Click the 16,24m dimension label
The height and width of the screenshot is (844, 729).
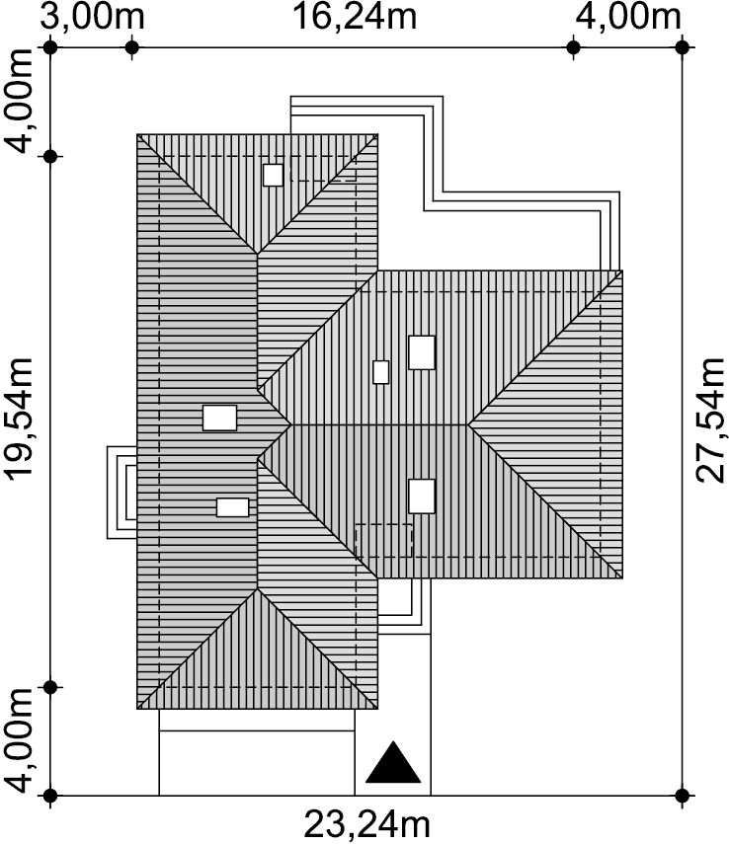coord(355,17)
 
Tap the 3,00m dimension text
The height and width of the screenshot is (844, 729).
coord(92,17)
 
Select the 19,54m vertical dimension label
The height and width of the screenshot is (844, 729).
coord(19,418)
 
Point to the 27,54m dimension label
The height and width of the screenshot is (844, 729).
coord(710,420)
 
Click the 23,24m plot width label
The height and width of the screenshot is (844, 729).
coord(367,823)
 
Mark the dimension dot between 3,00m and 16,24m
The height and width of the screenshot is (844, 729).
coord(132,47)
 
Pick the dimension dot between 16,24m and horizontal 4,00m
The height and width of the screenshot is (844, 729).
coord(573,47)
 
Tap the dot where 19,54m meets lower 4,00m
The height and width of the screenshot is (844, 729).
coord(50,687)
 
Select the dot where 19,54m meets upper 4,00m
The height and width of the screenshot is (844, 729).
coord(50,157)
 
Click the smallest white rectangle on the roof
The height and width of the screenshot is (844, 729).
coord(381,372)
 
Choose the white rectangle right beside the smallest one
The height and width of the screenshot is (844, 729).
coord(422,352)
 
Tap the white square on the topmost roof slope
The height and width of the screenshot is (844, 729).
coord(274,175)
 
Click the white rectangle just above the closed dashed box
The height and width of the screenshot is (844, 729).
coord(422,496)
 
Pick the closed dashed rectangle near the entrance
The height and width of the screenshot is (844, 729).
coord(383,540)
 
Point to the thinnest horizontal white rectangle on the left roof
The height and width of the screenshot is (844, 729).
coord(233,507)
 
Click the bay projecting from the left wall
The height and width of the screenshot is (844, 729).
coord(121,493)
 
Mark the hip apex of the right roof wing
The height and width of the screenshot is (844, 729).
coord(467,424)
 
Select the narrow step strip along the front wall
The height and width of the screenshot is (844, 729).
coord(257,721)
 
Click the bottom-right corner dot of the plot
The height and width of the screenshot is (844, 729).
coord(683,795)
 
